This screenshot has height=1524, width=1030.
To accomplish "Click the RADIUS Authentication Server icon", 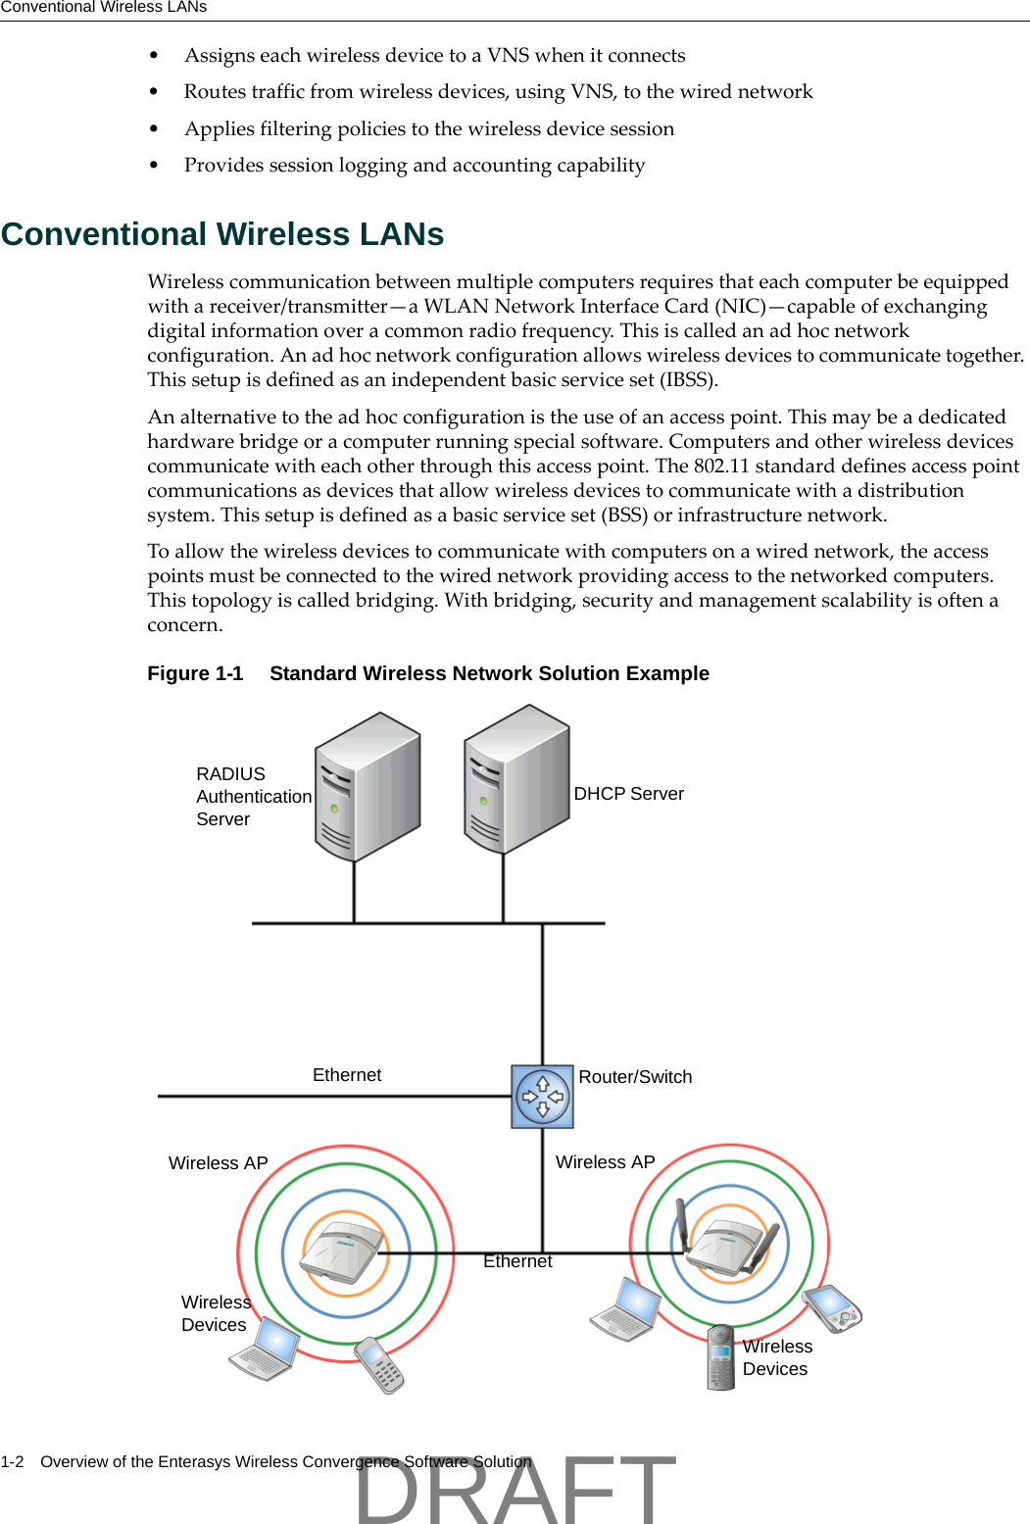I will [367, 787].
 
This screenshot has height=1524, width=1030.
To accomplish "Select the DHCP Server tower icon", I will [515, 778].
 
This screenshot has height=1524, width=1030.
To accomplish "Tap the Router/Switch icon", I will [542, 1097].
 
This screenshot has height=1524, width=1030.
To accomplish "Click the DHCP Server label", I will [628, 794].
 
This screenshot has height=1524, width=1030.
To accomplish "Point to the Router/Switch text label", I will [635, 1077].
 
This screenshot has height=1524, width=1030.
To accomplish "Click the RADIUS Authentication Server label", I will [253, 797].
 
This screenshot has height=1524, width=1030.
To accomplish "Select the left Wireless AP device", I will [340, 1252].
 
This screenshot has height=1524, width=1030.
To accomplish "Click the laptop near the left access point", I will [265, 1349].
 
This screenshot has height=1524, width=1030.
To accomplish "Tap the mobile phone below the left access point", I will [379, 1364].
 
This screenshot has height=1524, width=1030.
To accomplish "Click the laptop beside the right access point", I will [627, 1310].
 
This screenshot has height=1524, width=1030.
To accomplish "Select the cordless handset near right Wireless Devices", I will [721, 1357].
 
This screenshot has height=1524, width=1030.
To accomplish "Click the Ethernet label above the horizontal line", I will [347, 1075].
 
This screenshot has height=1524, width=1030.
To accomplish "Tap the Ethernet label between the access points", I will [517, 1261].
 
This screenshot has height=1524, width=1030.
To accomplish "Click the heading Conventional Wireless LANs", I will [222, 234].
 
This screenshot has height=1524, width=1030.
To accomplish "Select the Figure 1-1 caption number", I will [195, 673].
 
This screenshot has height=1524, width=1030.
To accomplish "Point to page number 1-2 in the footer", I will [12, 1461].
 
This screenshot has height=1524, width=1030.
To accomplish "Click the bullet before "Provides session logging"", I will [154, 166].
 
